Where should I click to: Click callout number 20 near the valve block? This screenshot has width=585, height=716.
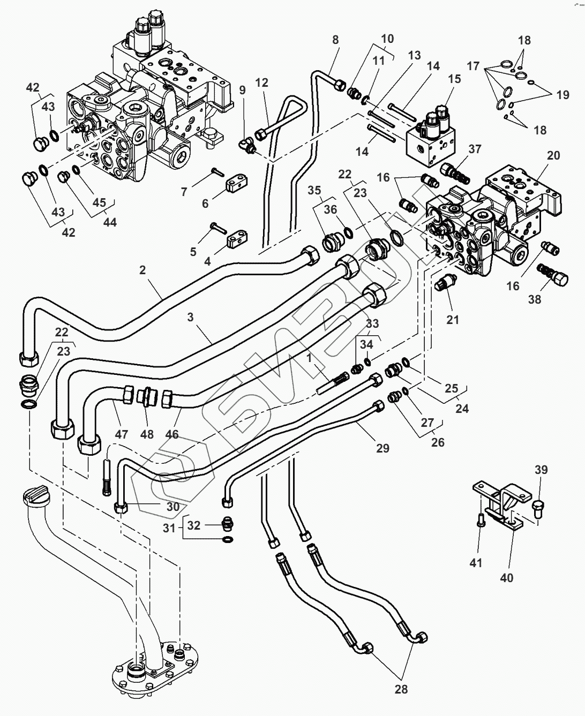tap(553, 156)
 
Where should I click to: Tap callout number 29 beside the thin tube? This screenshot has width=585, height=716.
tap(382, 448)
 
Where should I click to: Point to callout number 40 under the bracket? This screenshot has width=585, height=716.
tap(506, 578)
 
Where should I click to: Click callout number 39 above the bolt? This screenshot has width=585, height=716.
tap(541, 470)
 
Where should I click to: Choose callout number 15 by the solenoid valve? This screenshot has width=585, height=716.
tap(454, 79)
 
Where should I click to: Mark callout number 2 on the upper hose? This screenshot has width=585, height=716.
tap(142, 270)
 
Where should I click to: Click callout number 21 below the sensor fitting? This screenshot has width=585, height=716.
tap(453, 320)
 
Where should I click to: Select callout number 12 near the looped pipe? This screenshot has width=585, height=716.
tap(261, 83)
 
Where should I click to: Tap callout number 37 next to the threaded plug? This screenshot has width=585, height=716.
tap(475, 149)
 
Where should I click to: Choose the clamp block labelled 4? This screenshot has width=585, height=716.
tap(236, 241)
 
